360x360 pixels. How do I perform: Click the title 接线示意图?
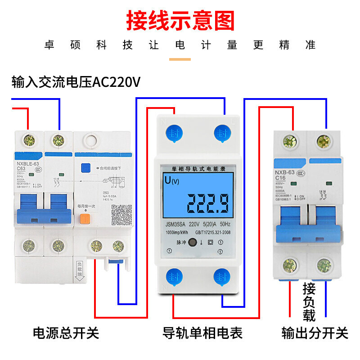point(180,20)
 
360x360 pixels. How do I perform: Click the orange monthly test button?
point(84,219)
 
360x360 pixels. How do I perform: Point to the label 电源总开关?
point(66,333)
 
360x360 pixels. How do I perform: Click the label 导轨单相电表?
point(202,333)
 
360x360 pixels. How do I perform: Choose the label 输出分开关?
point(315,333)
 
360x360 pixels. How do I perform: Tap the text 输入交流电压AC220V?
point(76,82)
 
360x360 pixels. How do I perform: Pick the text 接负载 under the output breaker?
point(309,301)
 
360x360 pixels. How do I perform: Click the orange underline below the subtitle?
point(180,59)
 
